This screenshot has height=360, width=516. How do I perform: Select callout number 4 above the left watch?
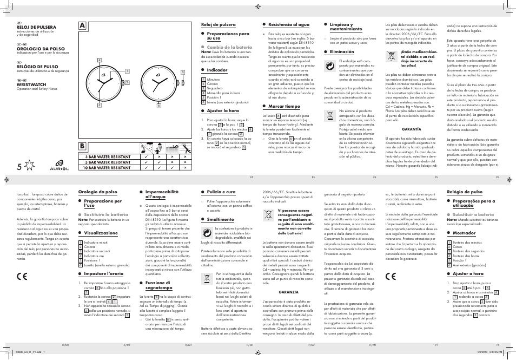click(100, 60)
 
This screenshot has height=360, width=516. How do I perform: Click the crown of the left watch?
click(124, 82)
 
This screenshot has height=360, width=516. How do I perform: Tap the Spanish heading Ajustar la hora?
click(222, 110)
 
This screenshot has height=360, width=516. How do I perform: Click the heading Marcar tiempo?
click(284, 107)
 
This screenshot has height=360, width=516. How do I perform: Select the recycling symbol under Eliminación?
click(330, 66)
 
